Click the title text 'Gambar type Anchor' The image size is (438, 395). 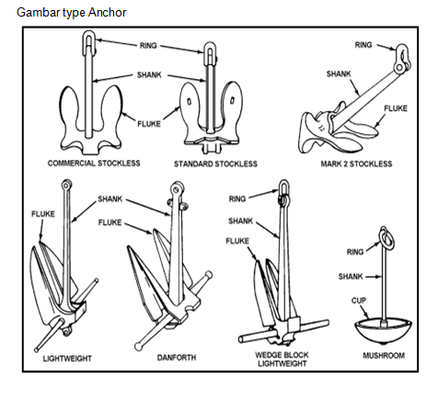click(72, 13)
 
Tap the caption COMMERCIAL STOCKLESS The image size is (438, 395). click(94, 164)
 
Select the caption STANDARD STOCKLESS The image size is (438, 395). click(215, 164)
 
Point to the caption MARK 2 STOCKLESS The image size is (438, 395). click(356, 164)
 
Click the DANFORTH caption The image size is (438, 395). click(177, 357)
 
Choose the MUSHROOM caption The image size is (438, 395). click(384, 355)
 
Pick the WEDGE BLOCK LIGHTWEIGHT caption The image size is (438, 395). click(282, 359)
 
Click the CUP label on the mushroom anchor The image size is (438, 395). click(359, 300)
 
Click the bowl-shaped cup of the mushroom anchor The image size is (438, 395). click(383, 331)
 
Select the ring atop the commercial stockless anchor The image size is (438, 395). click(89, 42)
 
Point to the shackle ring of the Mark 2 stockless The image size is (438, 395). click(402, 59)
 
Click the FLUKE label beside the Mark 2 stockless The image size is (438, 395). click(396, 108)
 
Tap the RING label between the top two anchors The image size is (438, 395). click(148, 46)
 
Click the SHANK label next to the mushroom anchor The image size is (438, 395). click(351, 276)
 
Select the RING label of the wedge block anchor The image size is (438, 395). click(237, 199)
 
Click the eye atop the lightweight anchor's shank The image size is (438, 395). click(66, 185)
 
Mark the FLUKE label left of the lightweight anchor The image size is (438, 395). click(43, 214)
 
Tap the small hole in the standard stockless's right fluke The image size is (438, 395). click(232, 100)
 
